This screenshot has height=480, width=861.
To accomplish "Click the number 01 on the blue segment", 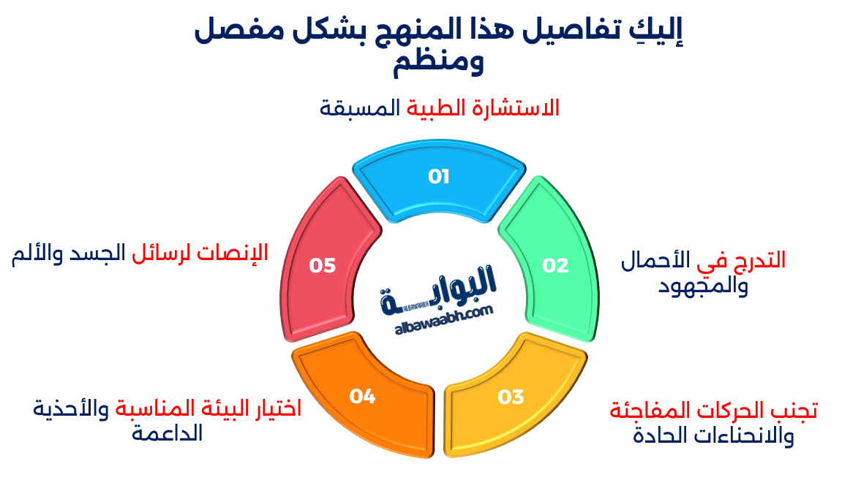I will coord(438,177).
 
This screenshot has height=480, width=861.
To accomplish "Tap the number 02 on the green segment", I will coord(555,265).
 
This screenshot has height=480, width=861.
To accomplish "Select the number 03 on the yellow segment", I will coord(511,397).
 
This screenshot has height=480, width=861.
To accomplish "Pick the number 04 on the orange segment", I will coord(362,397).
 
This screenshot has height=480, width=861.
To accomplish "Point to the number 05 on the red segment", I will coord(322,265).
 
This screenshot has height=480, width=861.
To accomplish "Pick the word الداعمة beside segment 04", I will coord(168,433).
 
